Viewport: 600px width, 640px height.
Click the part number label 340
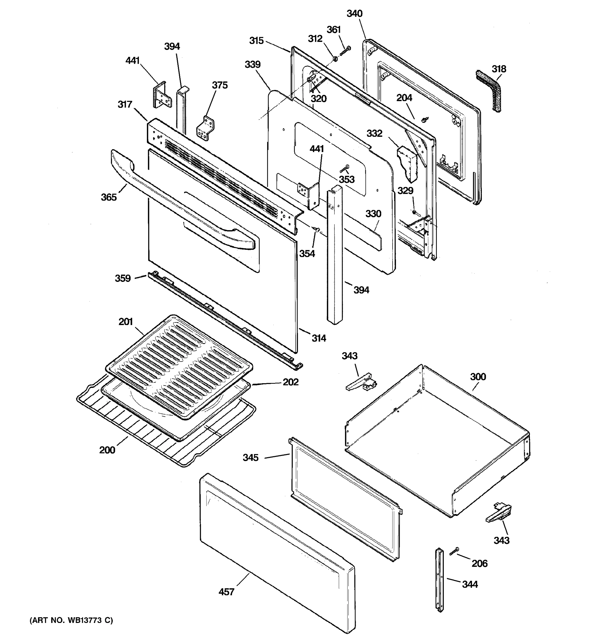pos(354,14)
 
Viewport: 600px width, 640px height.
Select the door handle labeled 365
pos(180,199)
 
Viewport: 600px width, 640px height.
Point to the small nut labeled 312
pos(335,59)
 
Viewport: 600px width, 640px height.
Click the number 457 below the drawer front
pos(226,592)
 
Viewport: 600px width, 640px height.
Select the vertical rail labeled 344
pos(439,579)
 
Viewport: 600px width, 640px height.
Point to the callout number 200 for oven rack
pos(107,450)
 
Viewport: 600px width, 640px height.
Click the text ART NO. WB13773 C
pos(71,620)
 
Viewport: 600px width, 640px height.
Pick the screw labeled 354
pos(317,229)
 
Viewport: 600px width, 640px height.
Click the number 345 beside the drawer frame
pos(250,457)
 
